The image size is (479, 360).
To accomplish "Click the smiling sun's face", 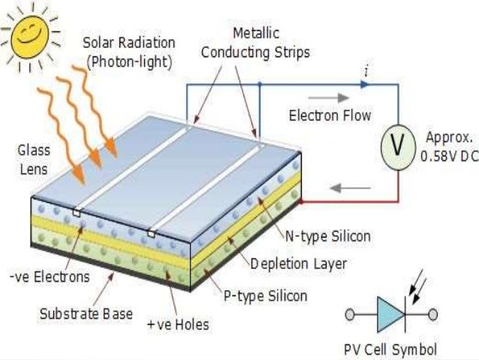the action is pyautogui.click(x=29, y=35).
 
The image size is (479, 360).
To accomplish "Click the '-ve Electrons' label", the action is pyautogui.click(x=50, y=277).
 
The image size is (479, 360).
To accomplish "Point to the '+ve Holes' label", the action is pyautogui.click(x=178, y=325).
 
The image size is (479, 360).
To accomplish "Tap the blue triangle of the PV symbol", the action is pyautogui.click(x=391, y=314).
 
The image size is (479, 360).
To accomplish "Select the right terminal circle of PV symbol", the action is pyautogui.click(x=433, y=314).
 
